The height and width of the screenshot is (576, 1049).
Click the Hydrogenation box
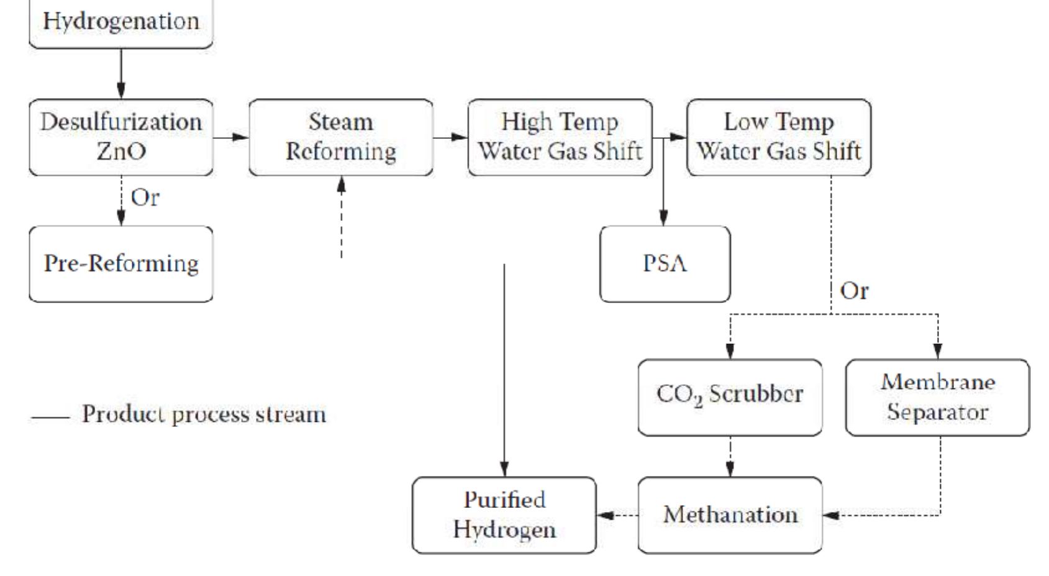(121, 22)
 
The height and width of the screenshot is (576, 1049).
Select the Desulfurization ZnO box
(121, 137)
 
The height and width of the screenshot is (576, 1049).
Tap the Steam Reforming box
(340, 137)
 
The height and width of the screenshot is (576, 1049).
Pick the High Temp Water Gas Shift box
(560, 137)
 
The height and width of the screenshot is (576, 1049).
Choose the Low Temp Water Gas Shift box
(778, 137)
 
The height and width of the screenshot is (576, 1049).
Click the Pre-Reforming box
(121, 263)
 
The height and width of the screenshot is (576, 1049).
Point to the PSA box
(665, 263)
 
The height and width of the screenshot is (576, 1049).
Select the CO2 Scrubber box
(730, 396)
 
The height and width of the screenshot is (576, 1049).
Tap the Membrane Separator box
(937, 396)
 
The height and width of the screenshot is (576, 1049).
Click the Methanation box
(730, 514)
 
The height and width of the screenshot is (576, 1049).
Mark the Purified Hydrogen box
(504, 514)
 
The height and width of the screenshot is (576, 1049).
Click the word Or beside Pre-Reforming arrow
(145, 198)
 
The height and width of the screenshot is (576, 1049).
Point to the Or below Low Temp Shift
(854, 290)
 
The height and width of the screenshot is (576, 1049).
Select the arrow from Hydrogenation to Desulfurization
(121, 73)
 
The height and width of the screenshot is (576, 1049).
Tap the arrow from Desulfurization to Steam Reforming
(231, 137)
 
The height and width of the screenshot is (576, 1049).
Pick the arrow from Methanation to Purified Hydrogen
(616, 514)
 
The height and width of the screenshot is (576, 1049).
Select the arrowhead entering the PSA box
(663, 218)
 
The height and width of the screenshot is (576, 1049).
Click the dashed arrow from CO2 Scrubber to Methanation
(730, 457)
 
